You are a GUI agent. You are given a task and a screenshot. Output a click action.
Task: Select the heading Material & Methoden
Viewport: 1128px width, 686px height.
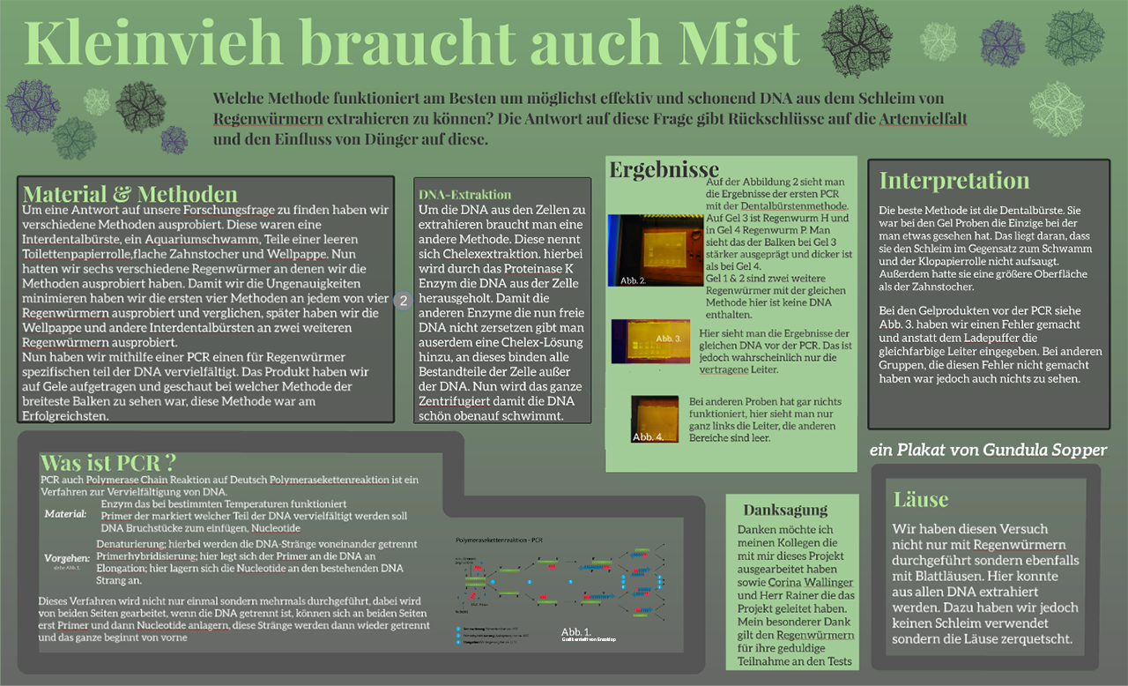(130, 194)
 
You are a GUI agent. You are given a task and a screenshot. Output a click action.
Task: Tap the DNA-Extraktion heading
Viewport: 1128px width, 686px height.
(464, 194)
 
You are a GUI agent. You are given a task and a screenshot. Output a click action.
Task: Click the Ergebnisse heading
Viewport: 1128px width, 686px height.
(664, 169)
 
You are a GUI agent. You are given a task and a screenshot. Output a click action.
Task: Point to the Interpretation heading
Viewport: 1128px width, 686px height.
(954, 181)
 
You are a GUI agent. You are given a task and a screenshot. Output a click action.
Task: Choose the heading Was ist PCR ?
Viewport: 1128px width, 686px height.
(108, 462)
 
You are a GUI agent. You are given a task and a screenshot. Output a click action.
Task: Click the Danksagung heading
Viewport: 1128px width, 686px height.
(785, 510)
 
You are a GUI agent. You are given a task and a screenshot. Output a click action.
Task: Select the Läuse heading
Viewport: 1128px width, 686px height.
(921, 499)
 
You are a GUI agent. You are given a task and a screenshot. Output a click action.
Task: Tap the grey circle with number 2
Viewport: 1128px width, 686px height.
(403, 301)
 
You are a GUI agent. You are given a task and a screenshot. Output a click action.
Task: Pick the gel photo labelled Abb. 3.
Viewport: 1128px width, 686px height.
(650, 341)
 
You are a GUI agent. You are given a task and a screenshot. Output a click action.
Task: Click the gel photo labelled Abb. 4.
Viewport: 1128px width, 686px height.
(655, 418)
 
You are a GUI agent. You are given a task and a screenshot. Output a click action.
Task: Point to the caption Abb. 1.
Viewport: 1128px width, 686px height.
(576, 632)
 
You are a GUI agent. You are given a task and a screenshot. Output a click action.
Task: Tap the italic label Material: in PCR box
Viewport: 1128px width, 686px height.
(65, 514)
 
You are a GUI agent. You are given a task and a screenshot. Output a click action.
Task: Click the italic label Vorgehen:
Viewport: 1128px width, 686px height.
(67, 558)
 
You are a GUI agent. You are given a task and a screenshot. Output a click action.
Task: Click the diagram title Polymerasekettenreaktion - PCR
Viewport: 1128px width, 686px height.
(499, 539)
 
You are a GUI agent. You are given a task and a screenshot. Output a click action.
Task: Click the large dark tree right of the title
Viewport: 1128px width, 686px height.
(856, 41)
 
